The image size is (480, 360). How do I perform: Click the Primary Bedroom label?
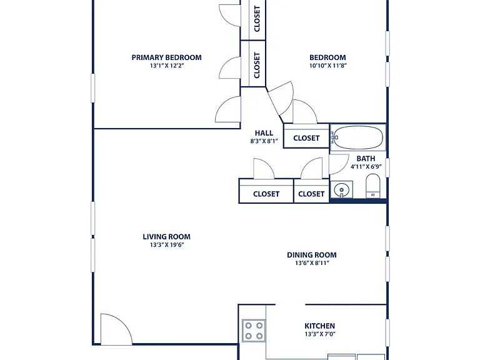(x=166, y=57)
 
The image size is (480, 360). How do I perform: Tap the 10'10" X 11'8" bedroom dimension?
(x=327, y=66)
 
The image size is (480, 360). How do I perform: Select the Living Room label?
(x=166, y=237)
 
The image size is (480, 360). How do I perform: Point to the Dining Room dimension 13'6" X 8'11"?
(x=312, y=263)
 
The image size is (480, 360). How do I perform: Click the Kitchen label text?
(x=319, y=326)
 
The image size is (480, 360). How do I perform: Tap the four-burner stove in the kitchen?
(x=254, y=331)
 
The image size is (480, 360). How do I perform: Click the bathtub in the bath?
(x=358, y=137)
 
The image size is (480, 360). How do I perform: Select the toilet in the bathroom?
(x=373, y=186)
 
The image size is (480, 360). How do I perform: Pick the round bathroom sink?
(x=342, y=190)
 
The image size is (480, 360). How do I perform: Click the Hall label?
(x=264, y=133)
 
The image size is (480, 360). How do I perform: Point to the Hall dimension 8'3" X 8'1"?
(x=264, y=141)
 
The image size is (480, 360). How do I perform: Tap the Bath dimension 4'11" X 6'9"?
(x=366, y=167)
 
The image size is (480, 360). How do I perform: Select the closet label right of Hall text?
(x=306, y=138)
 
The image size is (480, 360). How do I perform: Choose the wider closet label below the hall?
(x=266, y=194)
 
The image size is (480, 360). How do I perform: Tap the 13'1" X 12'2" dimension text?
(x=166, y=66)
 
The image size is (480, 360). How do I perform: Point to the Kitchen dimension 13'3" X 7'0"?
(x=320, y=334)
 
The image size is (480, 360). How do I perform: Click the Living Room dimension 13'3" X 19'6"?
(x=167, y=245)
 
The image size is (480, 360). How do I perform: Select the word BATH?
(x=366, y=159)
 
